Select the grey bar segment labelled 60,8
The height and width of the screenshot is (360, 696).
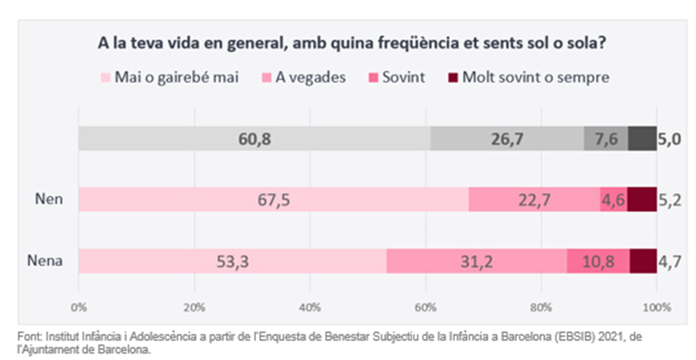tap(254, 138)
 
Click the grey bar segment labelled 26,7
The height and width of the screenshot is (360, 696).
tap(507, 138)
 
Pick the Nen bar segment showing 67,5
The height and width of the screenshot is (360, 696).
tap(273, 200)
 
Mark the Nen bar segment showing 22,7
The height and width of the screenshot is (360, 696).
tap(534, 200)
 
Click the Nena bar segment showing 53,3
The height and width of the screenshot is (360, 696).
tap(232, 261)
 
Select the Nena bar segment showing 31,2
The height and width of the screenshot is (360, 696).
tap(477, 261)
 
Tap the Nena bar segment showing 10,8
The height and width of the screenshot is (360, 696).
tap(598, 261)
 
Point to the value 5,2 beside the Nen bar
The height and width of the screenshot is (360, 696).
tap(670, 200)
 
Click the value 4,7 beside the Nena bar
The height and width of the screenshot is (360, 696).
tap(670, 261)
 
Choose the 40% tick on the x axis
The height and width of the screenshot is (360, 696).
tap(310, 306)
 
